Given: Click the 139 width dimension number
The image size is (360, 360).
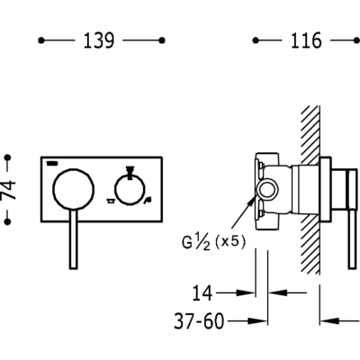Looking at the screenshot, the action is coord(98,40).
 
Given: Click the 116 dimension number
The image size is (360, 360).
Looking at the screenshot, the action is coord(306,40).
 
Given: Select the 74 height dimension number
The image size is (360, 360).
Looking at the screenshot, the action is coord(8,190).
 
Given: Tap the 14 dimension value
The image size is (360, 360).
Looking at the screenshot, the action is coord(202,293).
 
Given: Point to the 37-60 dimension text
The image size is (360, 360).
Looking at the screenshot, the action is coord(199,321).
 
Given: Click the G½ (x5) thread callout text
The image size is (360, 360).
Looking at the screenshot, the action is coord(213,242).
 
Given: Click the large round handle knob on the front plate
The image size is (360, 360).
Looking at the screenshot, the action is coord(74,188).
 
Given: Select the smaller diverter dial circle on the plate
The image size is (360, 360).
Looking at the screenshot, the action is coord(130,190).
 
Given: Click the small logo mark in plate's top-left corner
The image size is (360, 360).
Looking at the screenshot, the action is coord(53,163).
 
